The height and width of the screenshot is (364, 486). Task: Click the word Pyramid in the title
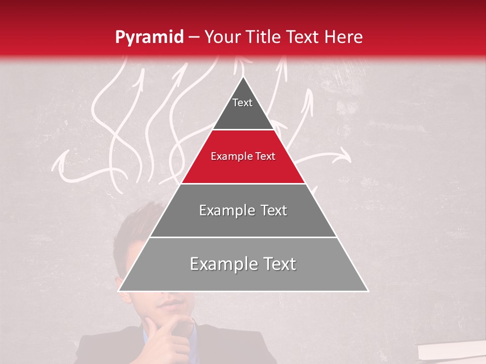coord(149,37)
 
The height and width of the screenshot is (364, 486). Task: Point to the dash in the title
coord(193,37)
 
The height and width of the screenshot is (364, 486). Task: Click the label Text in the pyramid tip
coord(242,103)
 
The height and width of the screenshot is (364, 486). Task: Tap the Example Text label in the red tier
coord(243,156)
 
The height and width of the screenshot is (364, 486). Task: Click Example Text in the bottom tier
coord(243,264)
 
